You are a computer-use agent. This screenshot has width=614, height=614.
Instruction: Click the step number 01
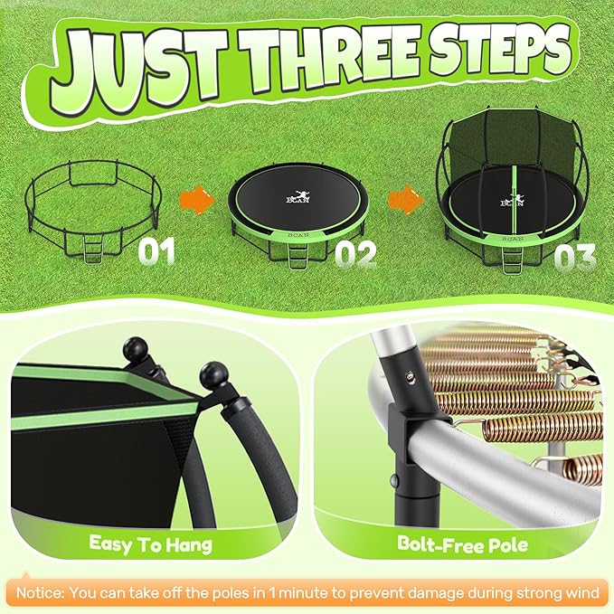(x=156, y=250)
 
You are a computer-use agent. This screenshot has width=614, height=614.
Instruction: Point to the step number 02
(x=355, y=254)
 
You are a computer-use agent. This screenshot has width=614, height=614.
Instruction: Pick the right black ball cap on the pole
(x=214, y=373)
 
